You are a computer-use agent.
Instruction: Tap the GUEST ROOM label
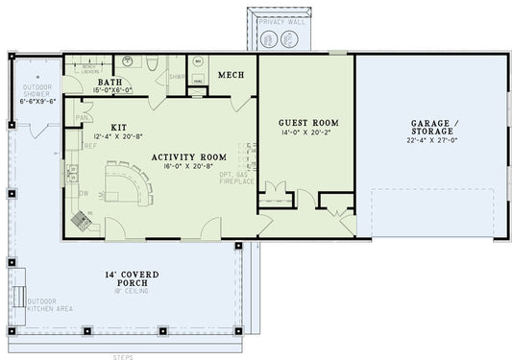[x=307, y=123]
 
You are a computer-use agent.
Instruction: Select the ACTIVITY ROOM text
[x=188, y=156]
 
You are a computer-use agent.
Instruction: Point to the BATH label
[x=110, y=83]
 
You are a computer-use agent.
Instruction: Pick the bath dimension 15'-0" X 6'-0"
[x=110, y=91]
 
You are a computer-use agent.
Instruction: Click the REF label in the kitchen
[x=88, y=146]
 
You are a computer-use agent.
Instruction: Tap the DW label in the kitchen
[x=85, y=192]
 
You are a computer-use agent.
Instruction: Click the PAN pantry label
[x=83, y=118]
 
